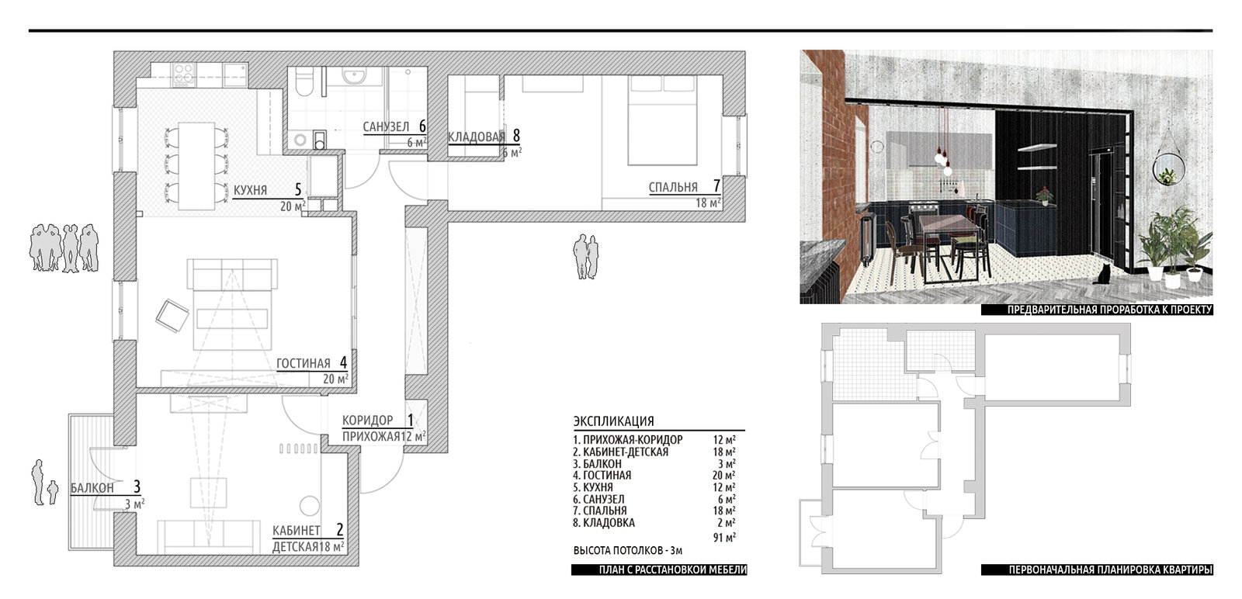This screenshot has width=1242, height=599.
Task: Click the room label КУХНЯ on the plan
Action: pos(250,191)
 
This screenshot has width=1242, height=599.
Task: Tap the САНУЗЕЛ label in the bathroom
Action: pos(386,127)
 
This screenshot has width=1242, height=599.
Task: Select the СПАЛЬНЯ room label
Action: pos(673,187)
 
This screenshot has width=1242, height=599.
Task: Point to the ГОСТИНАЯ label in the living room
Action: pos(304,363)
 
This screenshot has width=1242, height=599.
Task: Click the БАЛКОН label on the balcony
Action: pos(92,488)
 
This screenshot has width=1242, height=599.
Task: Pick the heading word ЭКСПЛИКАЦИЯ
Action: pos(614,421)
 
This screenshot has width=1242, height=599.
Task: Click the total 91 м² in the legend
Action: pos(724,537)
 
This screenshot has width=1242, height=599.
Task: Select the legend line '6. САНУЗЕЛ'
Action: pos(598,499)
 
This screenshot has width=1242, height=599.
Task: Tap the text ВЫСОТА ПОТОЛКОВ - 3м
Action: pos(628,551)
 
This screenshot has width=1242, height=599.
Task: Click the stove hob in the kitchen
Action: pos(183,74)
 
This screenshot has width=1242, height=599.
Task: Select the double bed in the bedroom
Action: pos(662,120)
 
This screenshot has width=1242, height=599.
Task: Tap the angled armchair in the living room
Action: pos(172,316)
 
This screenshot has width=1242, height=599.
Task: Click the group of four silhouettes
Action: pos(64,248)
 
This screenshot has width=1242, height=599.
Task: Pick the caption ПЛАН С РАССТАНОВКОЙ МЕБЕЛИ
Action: pos(672,570)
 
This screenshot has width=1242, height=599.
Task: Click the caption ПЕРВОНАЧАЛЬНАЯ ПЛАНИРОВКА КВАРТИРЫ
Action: pos(1110,570)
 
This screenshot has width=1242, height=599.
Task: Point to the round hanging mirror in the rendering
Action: pos(1168,168)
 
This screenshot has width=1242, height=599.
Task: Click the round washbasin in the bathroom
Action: pos(352,75)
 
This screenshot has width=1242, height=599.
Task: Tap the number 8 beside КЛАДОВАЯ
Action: pos(516,135)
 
